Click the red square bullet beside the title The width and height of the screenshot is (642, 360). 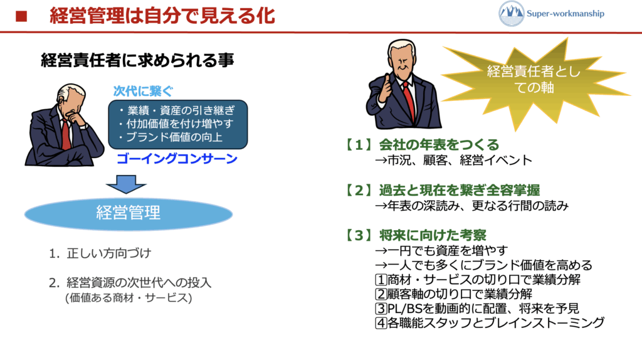[21, 16]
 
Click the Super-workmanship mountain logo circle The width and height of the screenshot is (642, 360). [512, 14]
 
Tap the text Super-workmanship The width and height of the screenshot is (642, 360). [566, 14]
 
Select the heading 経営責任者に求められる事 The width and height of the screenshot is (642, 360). [137, 60]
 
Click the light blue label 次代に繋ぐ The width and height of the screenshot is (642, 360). [143, 91]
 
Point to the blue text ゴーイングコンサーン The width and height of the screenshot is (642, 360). [177, 159]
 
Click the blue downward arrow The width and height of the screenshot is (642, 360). [126, 184]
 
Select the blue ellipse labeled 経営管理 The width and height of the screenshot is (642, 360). [129, 213]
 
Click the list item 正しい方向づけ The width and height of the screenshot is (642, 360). [100, 253]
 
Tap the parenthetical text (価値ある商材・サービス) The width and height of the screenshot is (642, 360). [129, 298]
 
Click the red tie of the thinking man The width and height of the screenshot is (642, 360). [65, 134]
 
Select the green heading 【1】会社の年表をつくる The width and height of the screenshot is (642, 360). [423, 145]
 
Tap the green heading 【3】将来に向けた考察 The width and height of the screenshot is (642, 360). [416, 235]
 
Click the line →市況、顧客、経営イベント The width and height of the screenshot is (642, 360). [454, 160]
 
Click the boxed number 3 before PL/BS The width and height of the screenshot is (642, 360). [381, 309]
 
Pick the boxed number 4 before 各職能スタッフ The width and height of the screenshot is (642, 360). [381, 323]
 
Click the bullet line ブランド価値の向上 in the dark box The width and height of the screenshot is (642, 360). [171, 137]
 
